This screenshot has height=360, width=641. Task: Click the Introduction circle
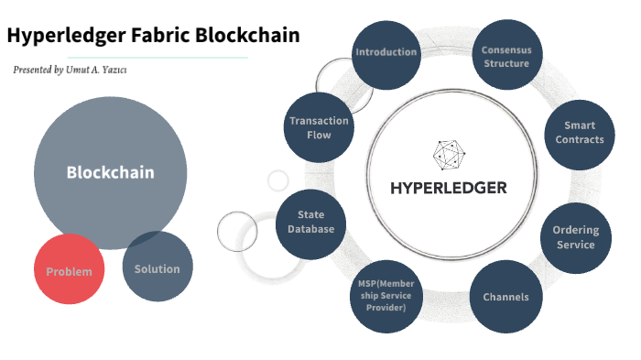(x=386, y=53)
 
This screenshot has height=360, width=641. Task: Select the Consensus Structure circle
(x=506, y=56)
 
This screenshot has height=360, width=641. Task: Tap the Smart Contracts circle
(x=580, y=133)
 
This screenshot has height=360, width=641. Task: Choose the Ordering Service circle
(x=575, y=237)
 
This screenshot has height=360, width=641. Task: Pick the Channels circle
(x=505, y=297)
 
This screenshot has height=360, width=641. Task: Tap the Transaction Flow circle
(x=319, y=127)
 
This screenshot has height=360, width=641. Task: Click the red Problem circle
(x=70, y=270)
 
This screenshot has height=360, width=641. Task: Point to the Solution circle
(x=158, y=267)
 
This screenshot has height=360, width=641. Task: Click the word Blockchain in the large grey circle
(x=110, y=172)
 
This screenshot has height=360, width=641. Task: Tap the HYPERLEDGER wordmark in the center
(x=448, y=189)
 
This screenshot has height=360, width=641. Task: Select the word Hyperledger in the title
(x=66, y=37)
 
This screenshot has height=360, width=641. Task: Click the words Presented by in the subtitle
(x=38, y=70)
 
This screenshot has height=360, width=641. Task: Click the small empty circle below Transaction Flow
(x=277, y=180)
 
